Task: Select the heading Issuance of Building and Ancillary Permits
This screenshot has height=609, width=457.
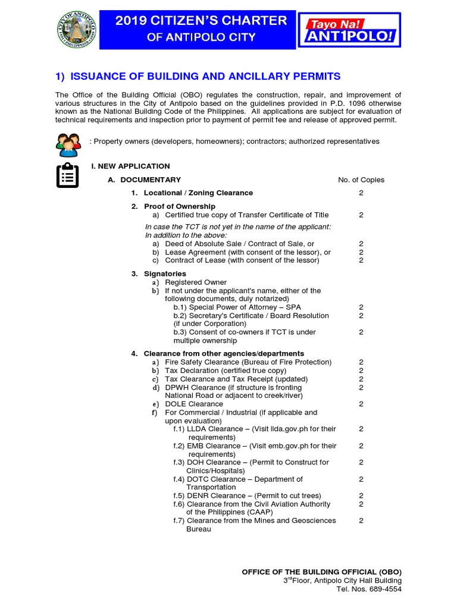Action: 198,76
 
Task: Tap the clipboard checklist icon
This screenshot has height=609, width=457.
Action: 67,175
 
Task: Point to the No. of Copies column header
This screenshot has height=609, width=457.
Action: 361,180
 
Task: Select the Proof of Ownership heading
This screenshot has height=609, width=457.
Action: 179,206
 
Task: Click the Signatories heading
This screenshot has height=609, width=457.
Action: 165,274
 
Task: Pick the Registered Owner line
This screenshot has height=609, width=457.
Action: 196,282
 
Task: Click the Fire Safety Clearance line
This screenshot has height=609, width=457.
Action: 248,362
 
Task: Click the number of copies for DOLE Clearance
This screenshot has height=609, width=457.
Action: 361,404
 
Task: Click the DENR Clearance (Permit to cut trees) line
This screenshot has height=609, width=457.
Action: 247,495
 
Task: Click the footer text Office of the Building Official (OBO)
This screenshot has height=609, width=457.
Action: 321,572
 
